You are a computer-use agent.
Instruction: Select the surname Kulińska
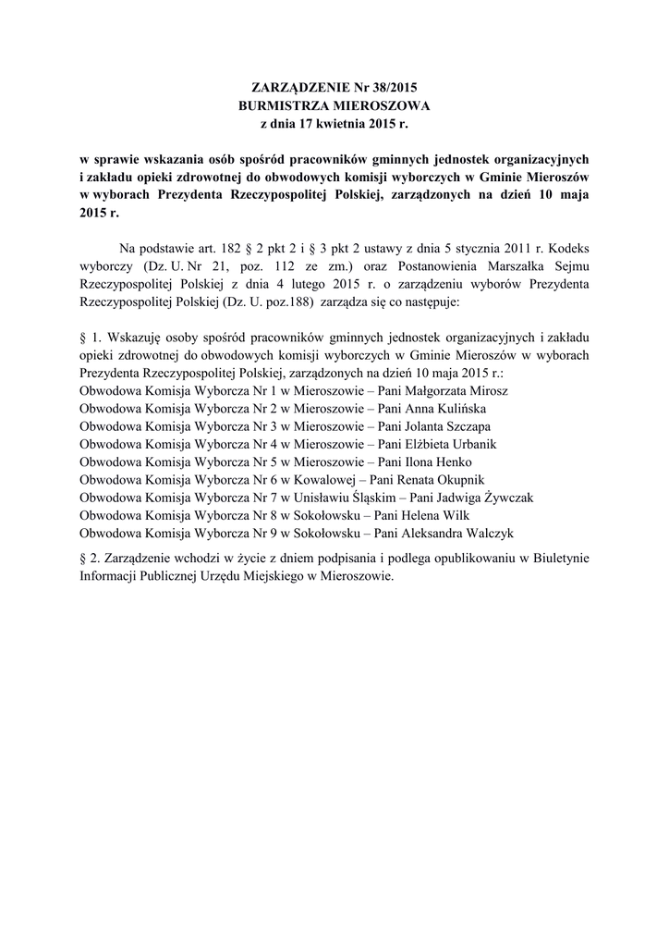(458, 408)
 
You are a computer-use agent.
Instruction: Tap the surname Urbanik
(469, 444)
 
